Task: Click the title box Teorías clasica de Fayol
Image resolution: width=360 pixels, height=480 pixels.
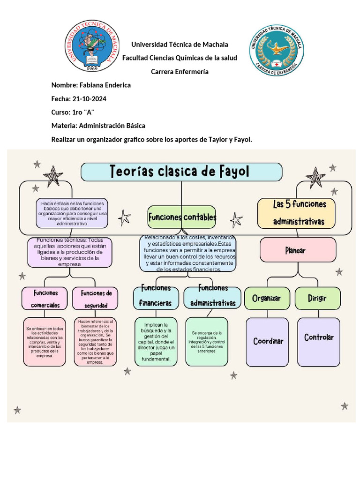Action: click(x=181, y=172)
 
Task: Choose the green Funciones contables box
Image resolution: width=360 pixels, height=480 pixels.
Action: click(x=182, y=217)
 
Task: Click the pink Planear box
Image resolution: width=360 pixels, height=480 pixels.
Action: click(x=298, y=250)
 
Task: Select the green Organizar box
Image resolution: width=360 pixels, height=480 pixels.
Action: click(x=266, y=298)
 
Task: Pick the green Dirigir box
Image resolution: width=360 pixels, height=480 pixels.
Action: click(x=317, y=298)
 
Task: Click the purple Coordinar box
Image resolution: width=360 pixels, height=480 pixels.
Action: click(x=268, y=341)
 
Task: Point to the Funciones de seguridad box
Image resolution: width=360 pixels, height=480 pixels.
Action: click(x=96, y=299)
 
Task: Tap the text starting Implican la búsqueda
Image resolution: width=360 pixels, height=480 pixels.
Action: click(x=156, y=342)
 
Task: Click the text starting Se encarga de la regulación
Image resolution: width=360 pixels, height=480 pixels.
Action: click(x=207, y=342)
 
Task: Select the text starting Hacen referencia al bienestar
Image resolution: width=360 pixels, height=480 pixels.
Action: click(x=96, y=342)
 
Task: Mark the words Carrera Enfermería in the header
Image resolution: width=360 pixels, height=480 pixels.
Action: click(x=180, y=72)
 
